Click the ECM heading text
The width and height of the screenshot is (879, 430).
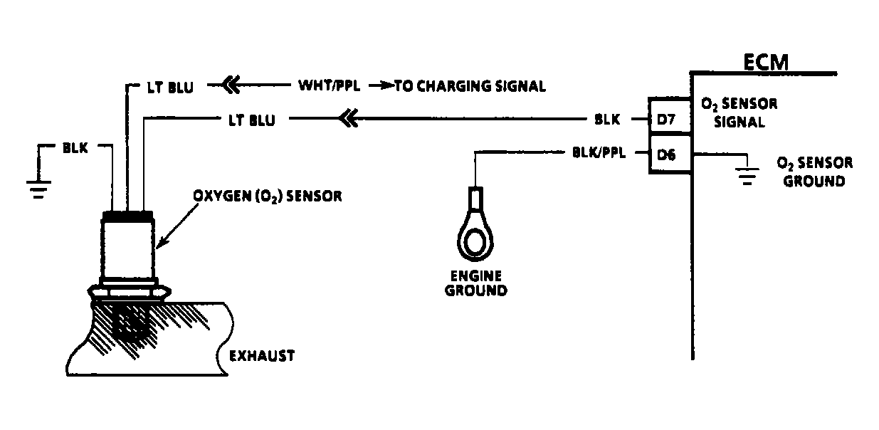[x=765, y=62]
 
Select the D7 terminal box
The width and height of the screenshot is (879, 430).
[x=667, y=120]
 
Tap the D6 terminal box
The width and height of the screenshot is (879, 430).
[x=667, y=153]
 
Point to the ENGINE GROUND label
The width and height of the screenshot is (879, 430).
[x=475, y=283]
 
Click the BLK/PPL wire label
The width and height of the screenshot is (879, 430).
[x=599, y=152]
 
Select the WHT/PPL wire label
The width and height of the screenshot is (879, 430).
[x=329, y=86]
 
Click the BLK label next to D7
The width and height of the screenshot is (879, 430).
[x=607, y=120]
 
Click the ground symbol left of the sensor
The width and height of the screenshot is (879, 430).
[x=38, y=187]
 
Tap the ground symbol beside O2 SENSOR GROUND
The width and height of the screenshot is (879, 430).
[x=746, y=174]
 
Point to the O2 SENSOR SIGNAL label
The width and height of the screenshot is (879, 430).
[x=738, y=112]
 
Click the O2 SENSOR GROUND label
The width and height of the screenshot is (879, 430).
[x=814, y=172]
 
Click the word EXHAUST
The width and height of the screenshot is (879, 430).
[x=261, y=355]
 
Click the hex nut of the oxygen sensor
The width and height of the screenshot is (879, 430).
[x=127, y=291]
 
